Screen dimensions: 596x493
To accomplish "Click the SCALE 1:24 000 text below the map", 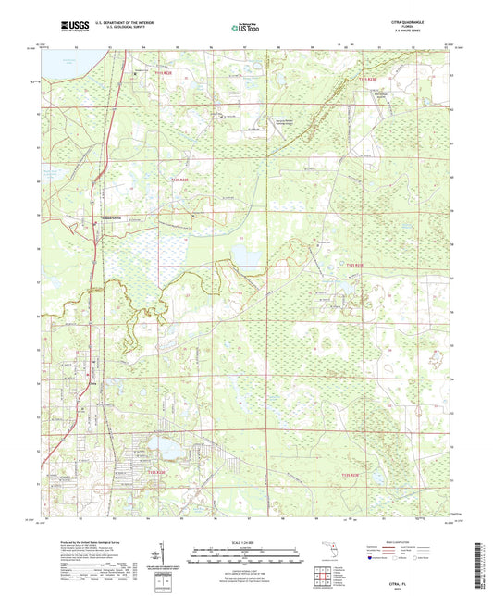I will pyautogui.click(x=246, y=541).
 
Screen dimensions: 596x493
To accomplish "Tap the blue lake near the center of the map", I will pyautogui.click(x=245, y=255).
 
